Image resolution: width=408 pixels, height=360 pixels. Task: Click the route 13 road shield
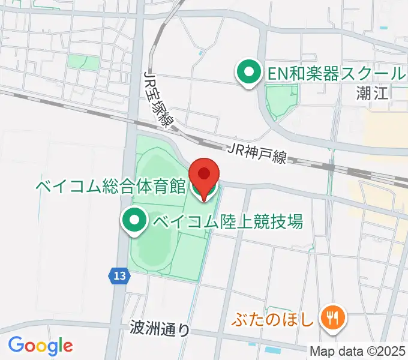tap(119, 276)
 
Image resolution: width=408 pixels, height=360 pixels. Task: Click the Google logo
tap(40, 346)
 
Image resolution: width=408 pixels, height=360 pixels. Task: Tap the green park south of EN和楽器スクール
tap(281, 100)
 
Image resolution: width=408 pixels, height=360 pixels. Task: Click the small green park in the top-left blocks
tap(83, 62)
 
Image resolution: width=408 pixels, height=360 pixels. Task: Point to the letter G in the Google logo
tap(16, 345)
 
